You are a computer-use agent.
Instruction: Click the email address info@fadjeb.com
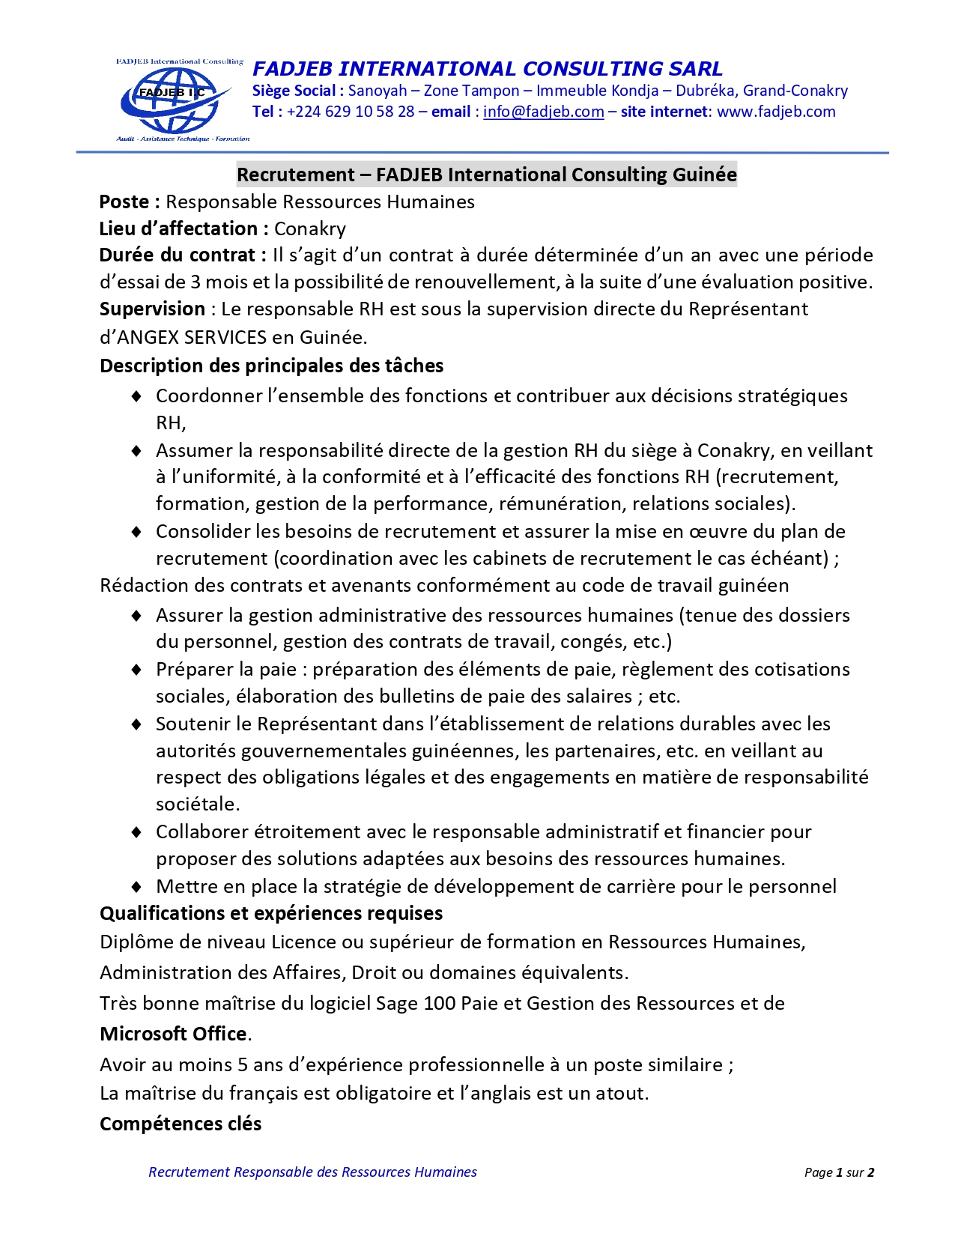543,112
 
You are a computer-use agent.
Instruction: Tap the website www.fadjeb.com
776,112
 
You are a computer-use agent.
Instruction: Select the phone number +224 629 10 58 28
351,112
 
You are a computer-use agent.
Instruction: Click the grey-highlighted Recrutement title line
487,175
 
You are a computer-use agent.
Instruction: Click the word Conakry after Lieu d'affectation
309,229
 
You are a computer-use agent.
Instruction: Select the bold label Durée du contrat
182,255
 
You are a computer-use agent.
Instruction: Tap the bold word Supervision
152,309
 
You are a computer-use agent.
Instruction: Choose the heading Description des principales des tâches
271,366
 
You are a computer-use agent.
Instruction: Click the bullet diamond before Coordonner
136,396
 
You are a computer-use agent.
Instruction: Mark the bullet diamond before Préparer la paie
136,670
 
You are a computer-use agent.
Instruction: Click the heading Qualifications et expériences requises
271,913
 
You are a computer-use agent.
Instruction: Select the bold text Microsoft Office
173,1034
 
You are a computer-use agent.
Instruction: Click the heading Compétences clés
181,1124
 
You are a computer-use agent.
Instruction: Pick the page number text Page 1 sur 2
839,1172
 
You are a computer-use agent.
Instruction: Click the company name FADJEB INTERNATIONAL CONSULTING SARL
488,69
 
